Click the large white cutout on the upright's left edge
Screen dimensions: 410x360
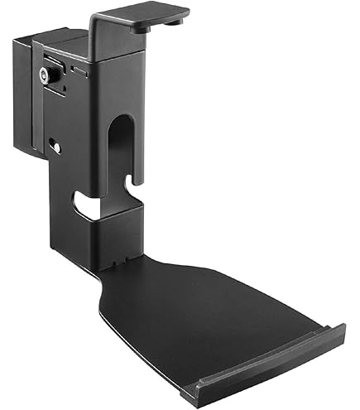click(83, 202)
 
